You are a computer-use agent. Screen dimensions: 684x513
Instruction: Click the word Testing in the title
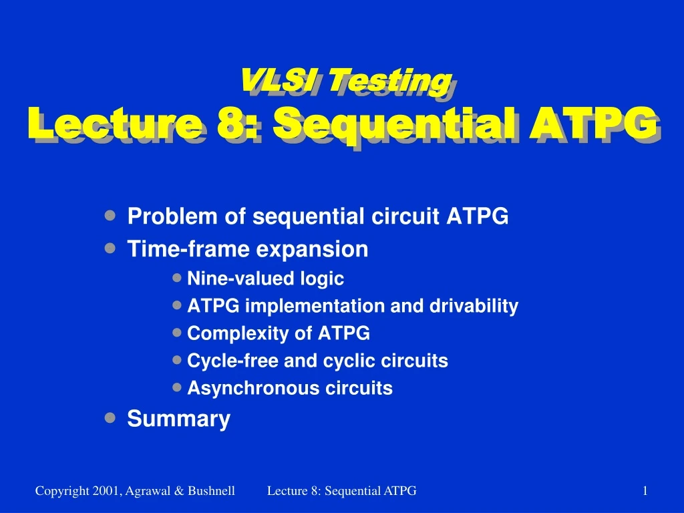pos(389,82)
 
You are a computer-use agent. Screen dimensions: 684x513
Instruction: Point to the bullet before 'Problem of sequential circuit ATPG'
pos(110,215)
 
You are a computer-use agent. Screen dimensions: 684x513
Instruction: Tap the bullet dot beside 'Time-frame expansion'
pos(110,248)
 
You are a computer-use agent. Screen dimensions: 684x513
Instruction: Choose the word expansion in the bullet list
pos(312,250)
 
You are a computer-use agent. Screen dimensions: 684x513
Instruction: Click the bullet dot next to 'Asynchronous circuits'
pos(176,387)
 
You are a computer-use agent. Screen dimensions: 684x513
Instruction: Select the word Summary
pos(179,419)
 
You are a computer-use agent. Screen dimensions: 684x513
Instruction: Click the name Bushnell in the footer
pos(212,491)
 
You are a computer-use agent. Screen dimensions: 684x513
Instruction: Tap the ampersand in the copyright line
pos(179,491)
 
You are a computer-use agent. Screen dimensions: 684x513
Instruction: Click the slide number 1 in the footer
pos(645,491)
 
